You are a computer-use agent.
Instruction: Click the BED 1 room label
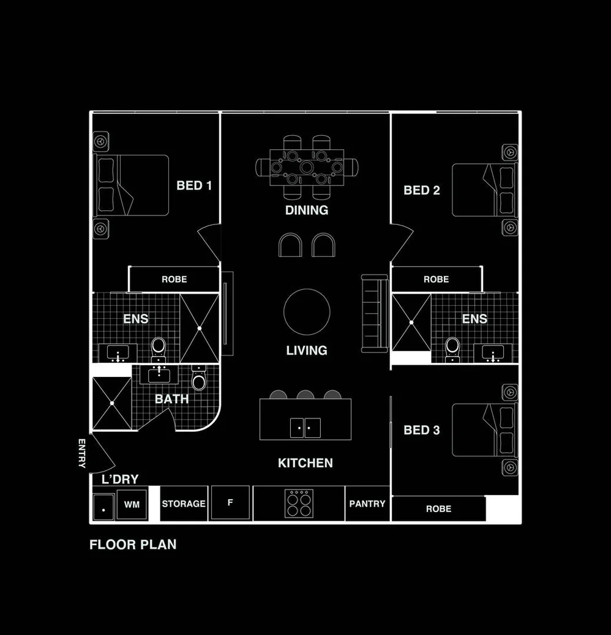pos(193,185)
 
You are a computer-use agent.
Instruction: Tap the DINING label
pos(307,210)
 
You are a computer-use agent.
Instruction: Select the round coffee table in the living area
pos(307,311)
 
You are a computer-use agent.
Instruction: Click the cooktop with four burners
pos(299,503)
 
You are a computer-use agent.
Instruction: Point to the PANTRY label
pos(367,503)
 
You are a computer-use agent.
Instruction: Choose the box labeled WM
pos(132,505)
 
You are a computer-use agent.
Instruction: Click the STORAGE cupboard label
pos(184,503)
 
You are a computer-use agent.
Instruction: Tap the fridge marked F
pos(230,503)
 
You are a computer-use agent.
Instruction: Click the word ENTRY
pos(82,453)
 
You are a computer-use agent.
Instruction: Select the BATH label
pos(171,399)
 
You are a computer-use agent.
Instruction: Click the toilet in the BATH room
pos(199,381)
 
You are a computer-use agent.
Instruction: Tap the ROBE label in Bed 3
pos(438,508)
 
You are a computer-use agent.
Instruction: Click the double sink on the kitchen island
pos(305,427)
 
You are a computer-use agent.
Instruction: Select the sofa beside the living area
pos(375,313)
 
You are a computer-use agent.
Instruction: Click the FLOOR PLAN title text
pos(133,544)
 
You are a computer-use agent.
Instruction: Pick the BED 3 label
pos(421,431)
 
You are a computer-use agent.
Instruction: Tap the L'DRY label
pos(120,480)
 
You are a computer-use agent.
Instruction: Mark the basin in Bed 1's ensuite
pos(118,353)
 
